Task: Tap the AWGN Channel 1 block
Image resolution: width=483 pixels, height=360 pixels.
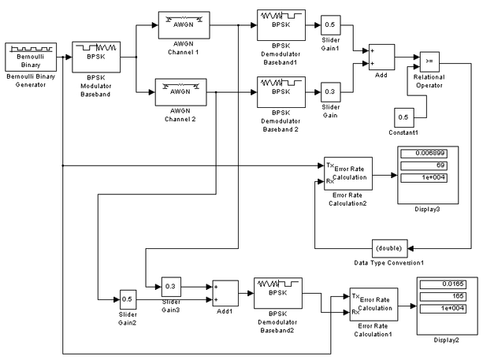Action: (182, 25)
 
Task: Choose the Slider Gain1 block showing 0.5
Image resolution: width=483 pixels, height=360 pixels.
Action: (329, 25)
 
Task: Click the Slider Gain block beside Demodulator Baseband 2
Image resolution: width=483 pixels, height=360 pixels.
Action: (329, 91)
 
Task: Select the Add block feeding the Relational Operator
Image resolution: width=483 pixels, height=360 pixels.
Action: (381, 58)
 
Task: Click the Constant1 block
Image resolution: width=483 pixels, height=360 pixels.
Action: (403, 117)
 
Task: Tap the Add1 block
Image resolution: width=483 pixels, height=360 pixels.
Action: (224, 293)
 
